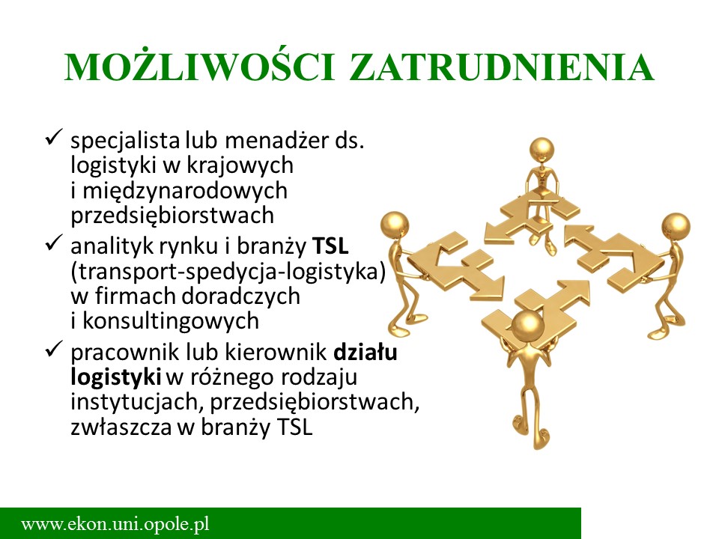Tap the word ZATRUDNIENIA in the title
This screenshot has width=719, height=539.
(502, 67)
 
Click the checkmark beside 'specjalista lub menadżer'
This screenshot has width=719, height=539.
(53, 138)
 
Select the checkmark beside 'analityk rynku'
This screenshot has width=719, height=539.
(53, 243)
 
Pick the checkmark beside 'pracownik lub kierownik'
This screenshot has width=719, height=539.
(53, 350)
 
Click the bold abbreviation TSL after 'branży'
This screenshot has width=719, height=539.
(330, 246)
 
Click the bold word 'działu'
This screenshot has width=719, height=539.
(365, 352)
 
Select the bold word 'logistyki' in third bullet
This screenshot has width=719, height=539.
(115, 377)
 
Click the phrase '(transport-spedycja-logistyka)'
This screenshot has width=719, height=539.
(228, 272)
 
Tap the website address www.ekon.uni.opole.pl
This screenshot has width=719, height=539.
(115, 524)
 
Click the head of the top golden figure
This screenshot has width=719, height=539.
(542, 150)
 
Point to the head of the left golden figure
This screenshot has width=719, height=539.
(395, 225)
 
